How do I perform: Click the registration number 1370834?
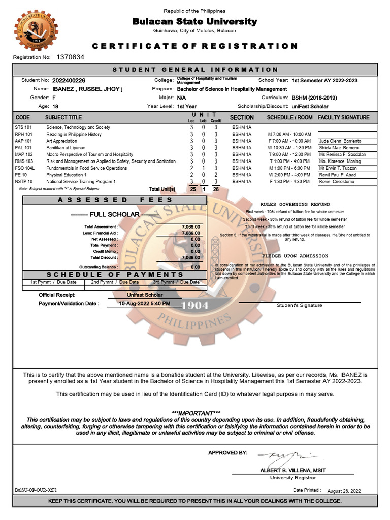71,57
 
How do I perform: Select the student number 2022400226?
69,80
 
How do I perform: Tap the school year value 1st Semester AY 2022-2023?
324,80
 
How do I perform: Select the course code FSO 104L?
24,168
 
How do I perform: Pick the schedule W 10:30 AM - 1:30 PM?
289,148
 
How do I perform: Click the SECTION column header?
242,118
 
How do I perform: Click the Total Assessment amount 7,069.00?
191,226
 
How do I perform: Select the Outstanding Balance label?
99,267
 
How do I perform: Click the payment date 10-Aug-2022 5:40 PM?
145,304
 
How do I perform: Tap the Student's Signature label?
299,306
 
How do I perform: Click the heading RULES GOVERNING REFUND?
295,204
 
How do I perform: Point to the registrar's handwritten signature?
287,456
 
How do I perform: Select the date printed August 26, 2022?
344,491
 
